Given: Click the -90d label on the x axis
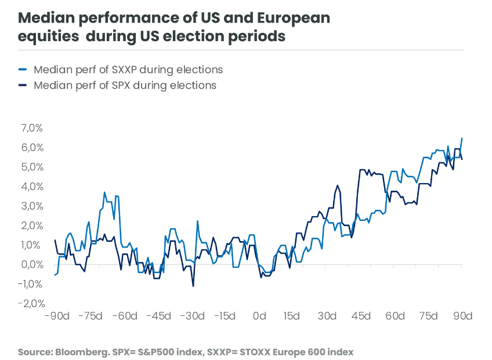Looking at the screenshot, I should pyautogui.click(x=57, y=316).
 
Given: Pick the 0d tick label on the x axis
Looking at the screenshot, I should pyautogui.click(x=259, y=316).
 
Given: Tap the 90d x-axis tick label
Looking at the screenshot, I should pyautogui.click(x=462, y=316).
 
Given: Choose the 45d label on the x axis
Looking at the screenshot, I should pyautogui.click(x=361, y=316).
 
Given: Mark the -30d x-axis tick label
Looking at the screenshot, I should pyautogui.click(x=192, y=316).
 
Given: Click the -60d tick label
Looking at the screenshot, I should pyautogui.click(x=125, y=316).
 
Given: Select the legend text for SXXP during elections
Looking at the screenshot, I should pyautogui.click(x=128, y=70).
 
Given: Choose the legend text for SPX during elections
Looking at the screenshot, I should pyautogui.click(x=125, y=85).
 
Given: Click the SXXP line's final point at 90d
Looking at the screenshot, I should pyautogui.click(x=462, y=138).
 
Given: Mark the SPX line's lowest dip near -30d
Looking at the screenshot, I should pyautogui.click(x=193, y=286).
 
